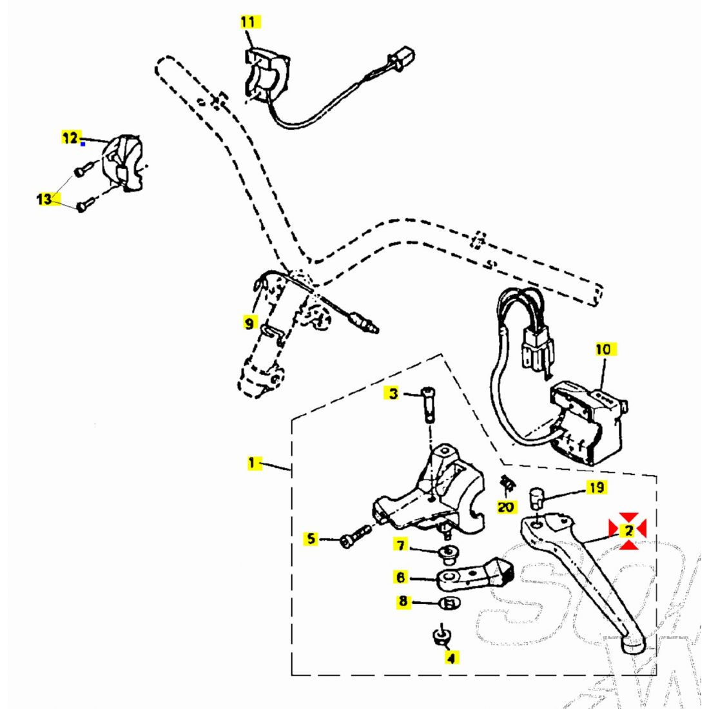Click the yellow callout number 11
click(x=248, y=22)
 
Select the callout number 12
click(x=70, y=137)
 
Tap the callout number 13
click(x=44, y=199)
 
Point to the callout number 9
click(x=249, y=322)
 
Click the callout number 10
click(x=603, y=349)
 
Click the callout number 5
click(x=312, y=538)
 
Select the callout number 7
click(x=401, y=546)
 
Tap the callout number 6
click(x=401, y=577)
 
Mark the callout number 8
click(x=403, y=601)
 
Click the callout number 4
click(x=451, y=657)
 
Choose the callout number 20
click(x=507, y=507)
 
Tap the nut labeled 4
click(x=440, y=636)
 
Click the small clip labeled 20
click(x=507, y=483)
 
